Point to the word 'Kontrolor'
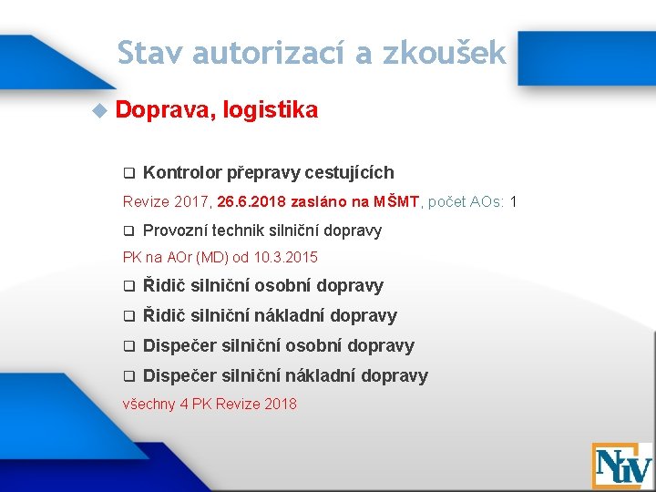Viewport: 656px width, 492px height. pyautogui.click(x=181, y=172)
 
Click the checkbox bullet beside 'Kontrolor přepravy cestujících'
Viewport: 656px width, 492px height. pyautogui.click(x=128, y=173)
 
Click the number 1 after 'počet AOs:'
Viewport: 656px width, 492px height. pyautogui.click(x=514, y=200)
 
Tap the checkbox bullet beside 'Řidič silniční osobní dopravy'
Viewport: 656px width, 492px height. pyautogui.click(x=128, y=286)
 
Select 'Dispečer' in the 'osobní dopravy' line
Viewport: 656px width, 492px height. pyautogui.click(x=179, y=345)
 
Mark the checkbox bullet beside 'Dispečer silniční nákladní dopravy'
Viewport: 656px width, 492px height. pyautogui.click(x=128, y=376)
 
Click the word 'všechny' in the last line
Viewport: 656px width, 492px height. pyautogui.click(x=149, y=404)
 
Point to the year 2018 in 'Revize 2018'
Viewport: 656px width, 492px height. pyautogui.click(x=278, y=404)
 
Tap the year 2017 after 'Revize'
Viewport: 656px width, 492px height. pyautogui.click(x=190, y=200)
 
